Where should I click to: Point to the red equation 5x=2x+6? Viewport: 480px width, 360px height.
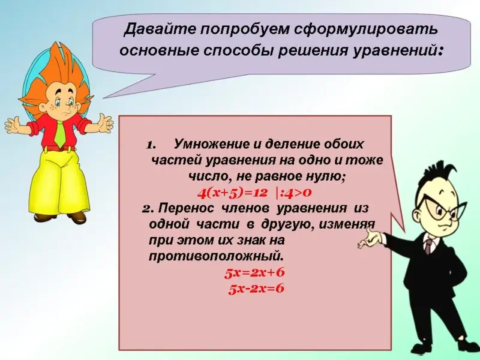coord(254,273)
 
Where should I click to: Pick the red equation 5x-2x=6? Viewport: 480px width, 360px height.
coord(256,289)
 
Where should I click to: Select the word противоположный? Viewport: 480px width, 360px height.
coord(215,256)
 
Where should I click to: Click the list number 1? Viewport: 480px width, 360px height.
coord(151,145)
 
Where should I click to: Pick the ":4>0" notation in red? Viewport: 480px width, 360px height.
coord(294,193)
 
